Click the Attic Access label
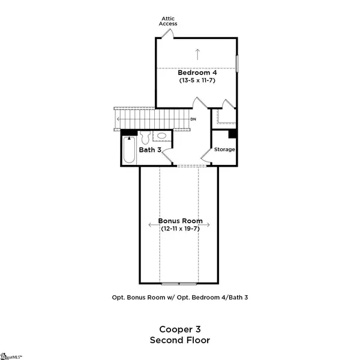(167, 22)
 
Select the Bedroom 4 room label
(197, 73)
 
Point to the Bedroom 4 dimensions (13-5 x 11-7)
(197, 80)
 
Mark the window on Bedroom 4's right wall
(238, 64)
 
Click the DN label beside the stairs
(193, 119)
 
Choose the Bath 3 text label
(151, 150)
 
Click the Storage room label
(225, 149)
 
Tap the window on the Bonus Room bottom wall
(179, 283)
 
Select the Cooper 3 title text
(179, 329)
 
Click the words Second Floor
(179, 340)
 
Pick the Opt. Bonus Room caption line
(180, 298)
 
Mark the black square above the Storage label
(232, 134)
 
